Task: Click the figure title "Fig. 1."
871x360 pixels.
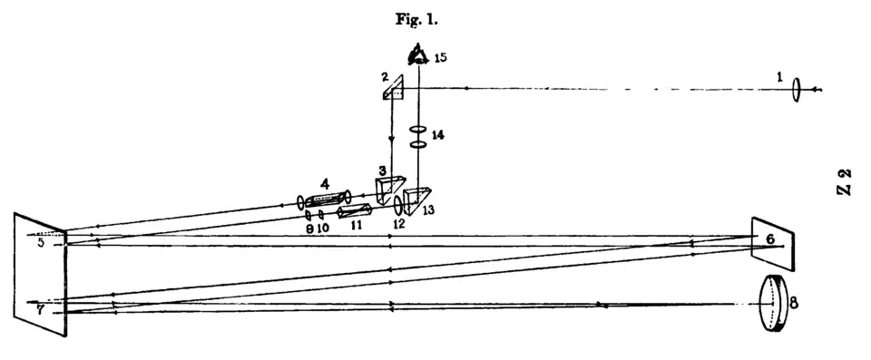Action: click(x=417, y=20)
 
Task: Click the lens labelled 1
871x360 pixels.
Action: click(x=797, y=89)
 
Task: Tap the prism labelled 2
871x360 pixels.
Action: click(x=393, y=88)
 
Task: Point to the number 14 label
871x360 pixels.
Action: click(x=437, y=134)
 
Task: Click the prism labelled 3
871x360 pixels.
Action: click(x=390, y=190)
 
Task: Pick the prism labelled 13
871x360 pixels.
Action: click(x=416, y=201)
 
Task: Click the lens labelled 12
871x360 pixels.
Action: click(x=398, y=204)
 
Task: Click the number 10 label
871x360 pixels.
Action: click(x=323, y=228)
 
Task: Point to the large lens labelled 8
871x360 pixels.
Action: click(x=775, y=304)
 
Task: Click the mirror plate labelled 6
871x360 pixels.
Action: click(x=773, y=245)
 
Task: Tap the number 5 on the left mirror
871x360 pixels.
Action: click(x=41, y=243)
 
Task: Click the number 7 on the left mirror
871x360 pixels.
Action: click(x=40, y=310)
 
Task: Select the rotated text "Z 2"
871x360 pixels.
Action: click(x=844, y=181)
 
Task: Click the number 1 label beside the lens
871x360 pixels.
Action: click(x=780, y=78)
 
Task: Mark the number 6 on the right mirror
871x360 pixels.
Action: click(x=770, y=238)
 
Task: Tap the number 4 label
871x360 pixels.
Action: click(x=325, y=184)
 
